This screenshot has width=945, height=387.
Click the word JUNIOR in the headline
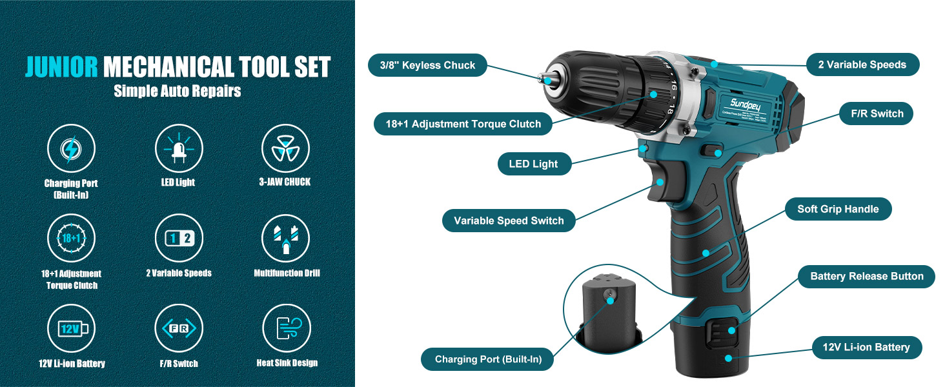click(x=61, y=67)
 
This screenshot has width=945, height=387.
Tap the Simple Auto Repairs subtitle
click(x=178, y=91)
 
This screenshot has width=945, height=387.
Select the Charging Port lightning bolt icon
click(x=71, y=148)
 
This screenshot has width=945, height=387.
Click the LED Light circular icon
click(x=178, y=148)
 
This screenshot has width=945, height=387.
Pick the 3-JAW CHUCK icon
click(x=285, y=148)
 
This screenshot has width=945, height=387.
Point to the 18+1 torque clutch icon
click(x=71, y=238)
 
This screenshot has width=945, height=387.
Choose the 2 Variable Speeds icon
click(x=178, y=238)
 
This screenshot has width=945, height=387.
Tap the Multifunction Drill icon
click(x=285, y=238)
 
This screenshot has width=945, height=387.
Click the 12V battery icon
click(x=71, y=328)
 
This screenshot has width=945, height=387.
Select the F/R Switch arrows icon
click(x=178, y=328)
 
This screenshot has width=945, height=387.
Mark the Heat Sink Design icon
click(x=285, y=328)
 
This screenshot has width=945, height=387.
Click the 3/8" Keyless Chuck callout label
click(x=427, y=65)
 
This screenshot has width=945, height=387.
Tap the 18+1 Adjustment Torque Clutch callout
click(x=463, y=124)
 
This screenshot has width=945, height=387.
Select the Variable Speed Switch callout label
click(x=509, y=221)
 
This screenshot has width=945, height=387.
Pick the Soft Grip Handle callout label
click(x=838, y=209)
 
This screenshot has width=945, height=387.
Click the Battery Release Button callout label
click(x=866, y=277)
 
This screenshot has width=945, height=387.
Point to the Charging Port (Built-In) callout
click(x=488, y=359)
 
